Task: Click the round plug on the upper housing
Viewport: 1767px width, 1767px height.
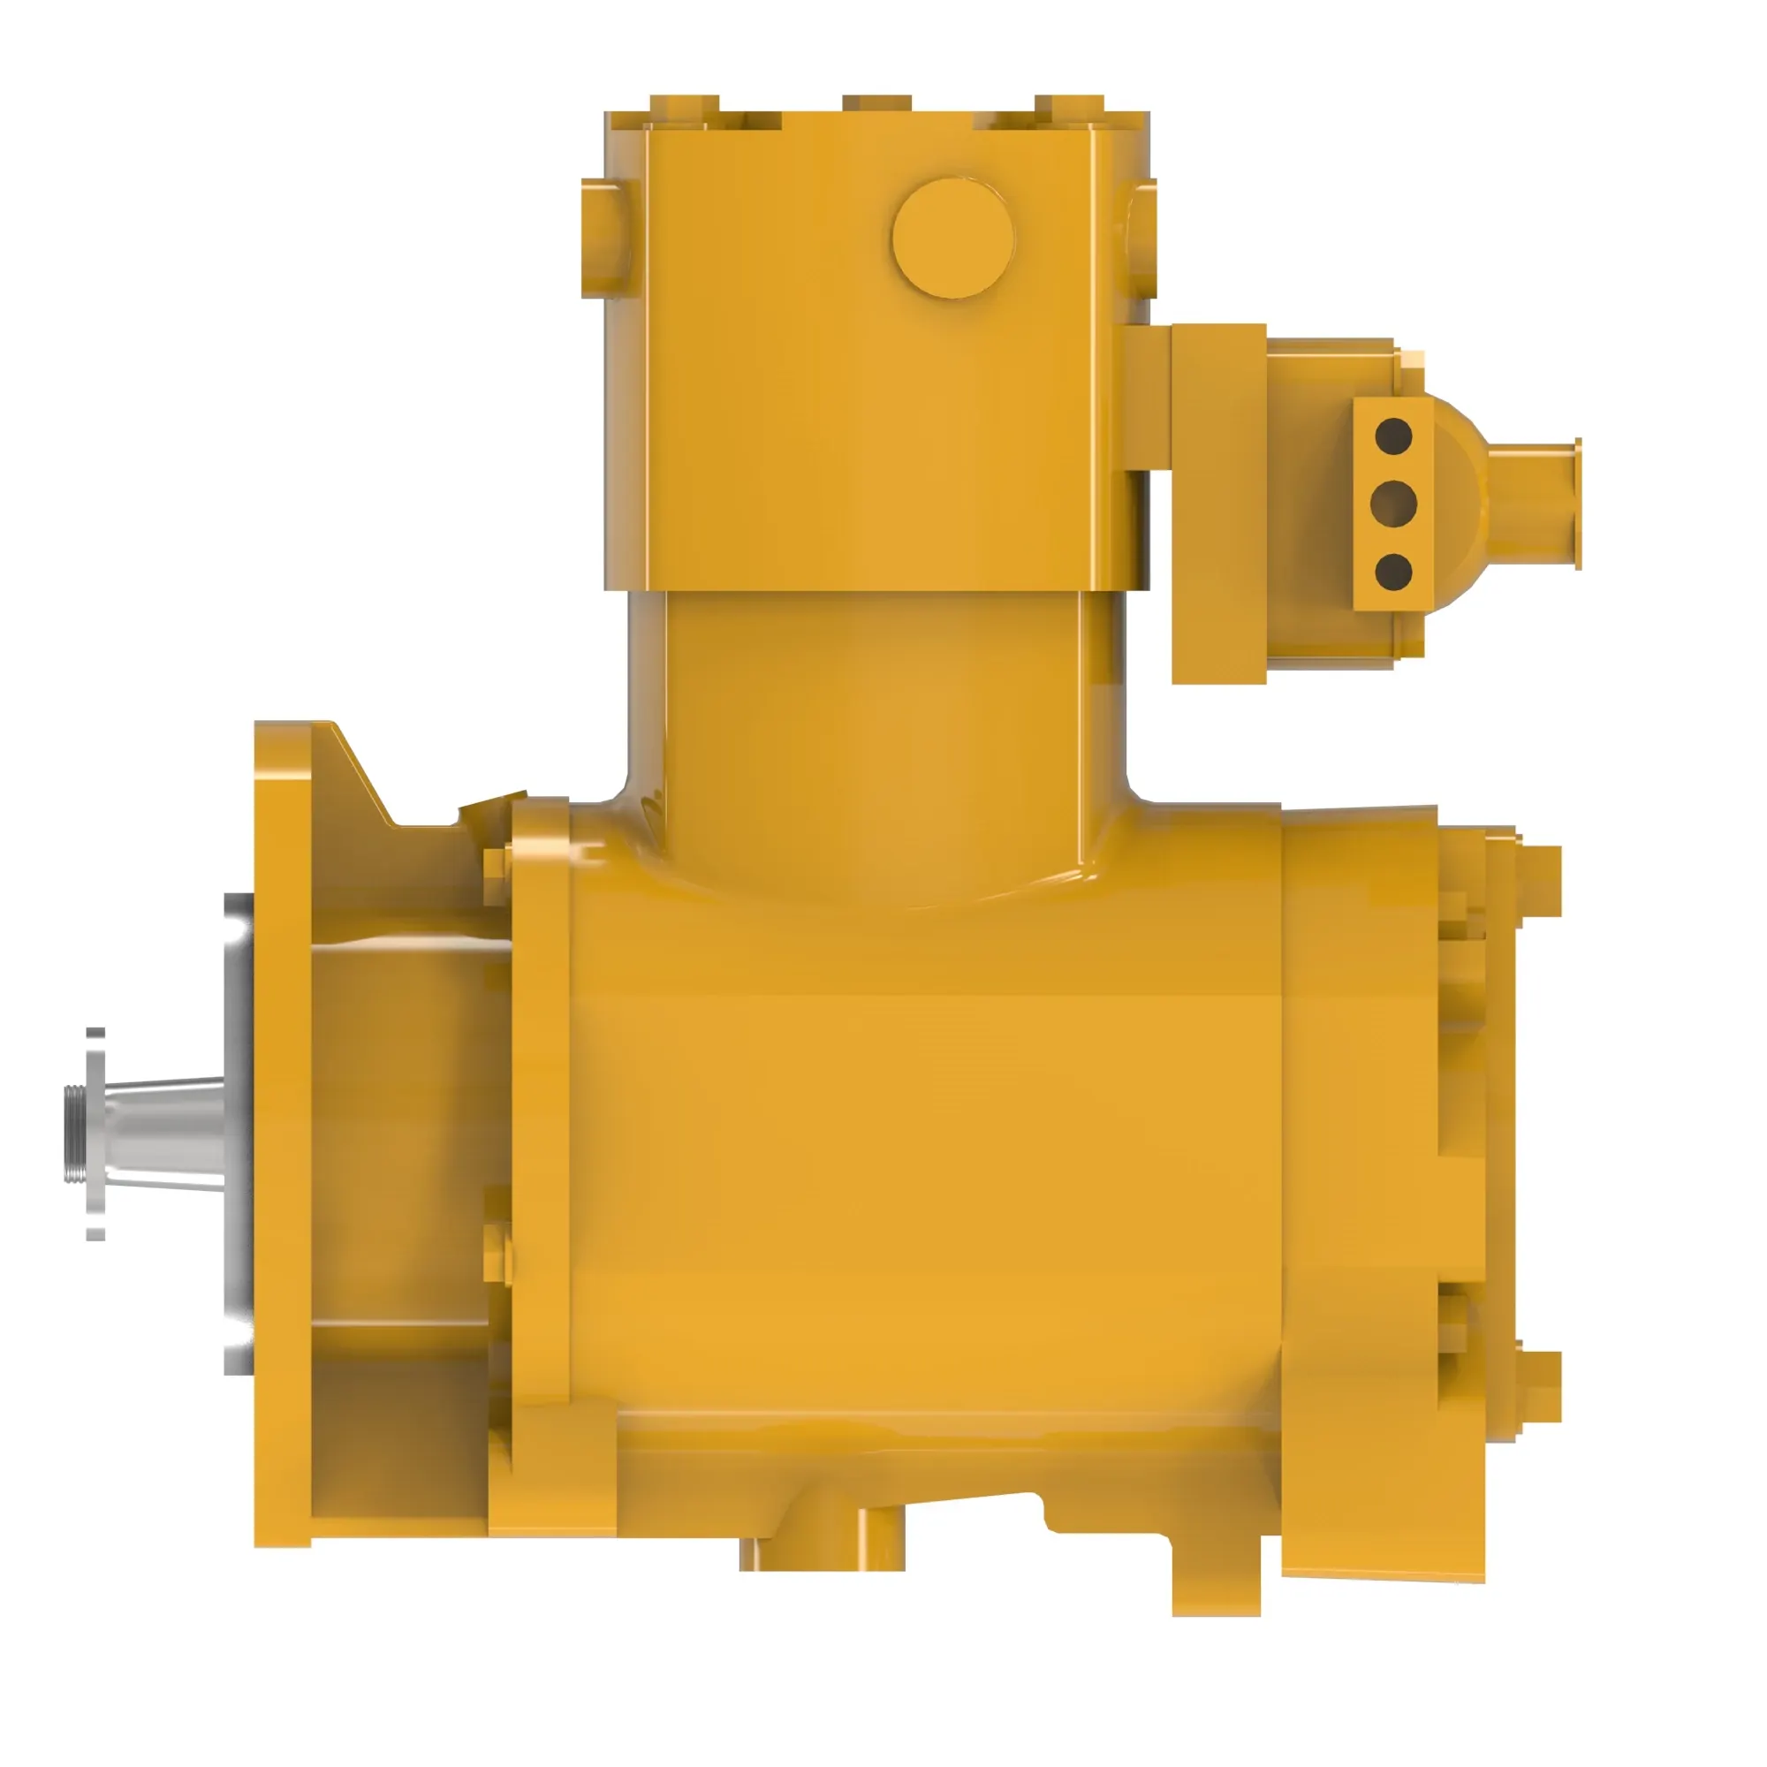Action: point(953,238)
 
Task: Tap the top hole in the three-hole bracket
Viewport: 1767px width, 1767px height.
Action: point(1393,436)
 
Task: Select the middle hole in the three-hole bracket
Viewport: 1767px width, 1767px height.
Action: point(1393,502)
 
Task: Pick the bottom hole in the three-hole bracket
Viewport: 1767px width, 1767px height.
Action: point(1393,571)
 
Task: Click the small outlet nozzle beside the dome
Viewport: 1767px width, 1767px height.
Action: point(1536,504)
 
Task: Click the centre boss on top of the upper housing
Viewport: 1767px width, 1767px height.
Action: point(876,102)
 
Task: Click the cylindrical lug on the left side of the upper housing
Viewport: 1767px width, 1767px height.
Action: point(603,239)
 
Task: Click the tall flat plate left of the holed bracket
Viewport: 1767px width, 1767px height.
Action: point(1218,503)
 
